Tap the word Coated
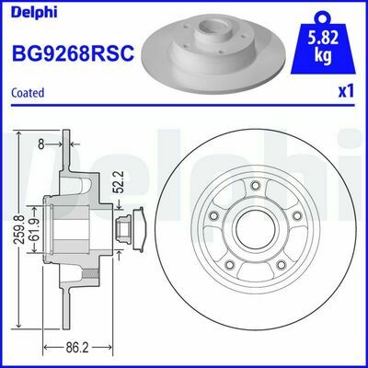tap(29, 93)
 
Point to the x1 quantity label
tap(346, 93)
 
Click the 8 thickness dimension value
tap(40, 144)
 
